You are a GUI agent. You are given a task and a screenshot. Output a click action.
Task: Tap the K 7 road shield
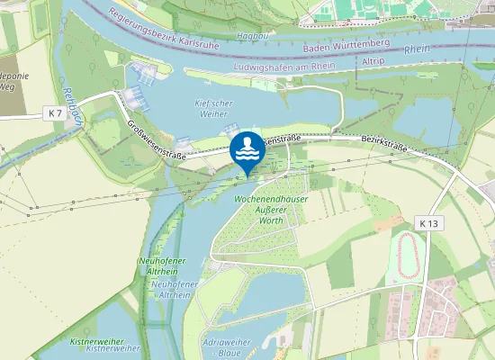[56, 112]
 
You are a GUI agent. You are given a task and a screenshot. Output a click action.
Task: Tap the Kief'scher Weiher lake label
[213, 109]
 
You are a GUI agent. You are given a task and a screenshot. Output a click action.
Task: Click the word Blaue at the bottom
[229, 354]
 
